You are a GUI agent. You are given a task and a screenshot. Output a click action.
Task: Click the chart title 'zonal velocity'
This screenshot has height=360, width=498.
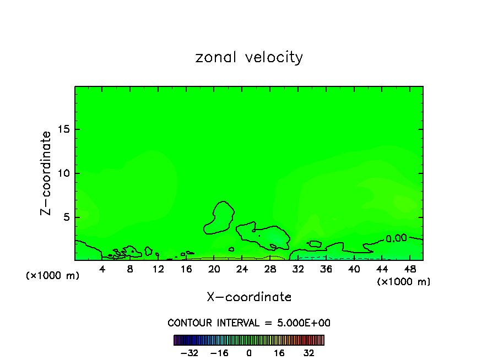(249, 57)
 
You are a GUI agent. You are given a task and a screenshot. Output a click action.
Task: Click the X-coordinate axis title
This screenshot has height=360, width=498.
(249, 297)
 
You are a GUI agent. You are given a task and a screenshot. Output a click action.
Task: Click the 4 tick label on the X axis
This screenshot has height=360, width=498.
(102, 269)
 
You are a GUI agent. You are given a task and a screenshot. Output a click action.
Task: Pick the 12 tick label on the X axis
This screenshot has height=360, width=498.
(158, 269)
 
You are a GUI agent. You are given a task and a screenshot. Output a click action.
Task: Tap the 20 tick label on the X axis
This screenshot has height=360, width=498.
(214, 269)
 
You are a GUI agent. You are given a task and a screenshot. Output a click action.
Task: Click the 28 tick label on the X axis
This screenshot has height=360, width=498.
(270, 269)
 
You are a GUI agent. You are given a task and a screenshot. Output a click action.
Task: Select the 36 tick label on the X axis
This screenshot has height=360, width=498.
(326, 269)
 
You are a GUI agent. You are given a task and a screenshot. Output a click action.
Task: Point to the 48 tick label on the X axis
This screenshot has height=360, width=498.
(410, 269)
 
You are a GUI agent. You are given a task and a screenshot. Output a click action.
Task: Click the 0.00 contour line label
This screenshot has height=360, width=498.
(396, 238)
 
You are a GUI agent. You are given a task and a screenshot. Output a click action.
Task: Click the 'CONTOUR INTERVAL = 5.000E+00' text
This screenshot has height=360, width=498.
(249, 323)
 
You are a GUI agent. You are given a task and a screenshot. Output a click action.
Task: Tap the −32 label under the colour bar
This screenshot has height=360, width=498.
(190, 353)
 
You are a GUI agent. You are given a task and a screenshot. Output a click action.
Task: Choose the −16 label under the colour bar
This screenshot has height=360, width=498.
(219, 353)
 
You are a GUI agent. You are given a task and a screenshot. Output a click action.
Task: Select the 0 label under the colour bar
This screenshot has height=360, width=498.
(249, 353)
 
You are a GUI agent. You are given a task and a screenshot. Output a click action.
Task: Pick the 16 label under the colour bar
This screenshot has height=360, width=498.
(279, 353)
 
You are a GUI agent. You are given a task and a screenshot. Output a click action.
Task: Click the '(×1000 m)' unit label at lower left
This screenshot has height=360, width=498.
(53, 276)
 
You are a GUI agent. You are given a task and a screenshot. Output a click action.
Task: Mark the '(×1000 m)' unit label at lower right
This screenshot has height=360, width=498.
(404, 282)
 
